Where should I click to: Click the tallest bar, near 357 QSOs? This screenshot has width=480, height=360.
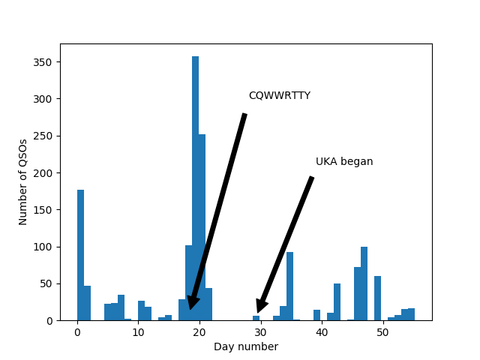[195, 187]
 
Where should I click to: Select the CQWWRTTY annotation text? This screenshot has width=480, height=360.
[279, 96]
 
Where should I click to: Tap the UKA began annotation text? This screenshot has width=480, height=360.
[344, 162]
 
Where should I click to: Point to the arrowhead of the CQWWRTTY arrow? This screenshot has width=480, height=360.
[192, 303]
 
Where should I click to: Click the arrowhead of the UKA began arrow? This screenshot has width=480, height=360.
[259, 307]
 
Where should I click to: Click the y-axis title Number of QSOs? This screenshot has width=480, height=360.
[23, 181]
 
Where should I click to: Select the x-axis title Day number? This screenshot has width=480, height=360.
[246, 346]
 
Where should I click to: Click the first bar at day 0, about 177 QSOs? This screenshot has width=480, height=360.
[80, 255]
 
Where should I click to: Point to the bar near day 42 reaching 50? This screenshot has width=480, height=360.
[337, 302]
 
